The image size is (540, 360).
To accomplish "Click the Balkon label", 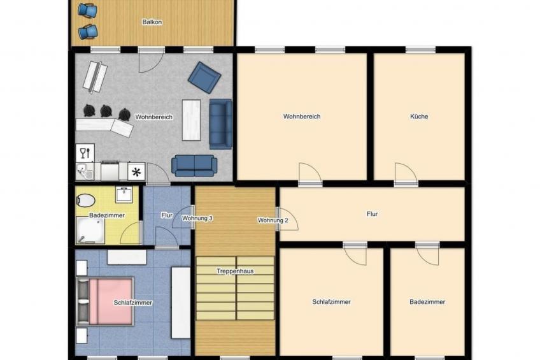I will [152, 22].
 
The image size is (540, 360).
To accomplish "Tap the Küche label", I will [419, 117].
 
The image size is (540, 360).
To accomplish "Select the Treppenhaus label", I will [235, 271].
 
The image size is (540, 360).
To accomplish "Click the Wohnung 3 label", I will [197, 219].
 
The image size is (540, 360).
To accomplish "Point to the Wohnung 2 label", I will [273, 220].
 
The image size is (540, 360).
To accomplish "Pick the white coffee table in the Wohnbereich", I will [191, 119].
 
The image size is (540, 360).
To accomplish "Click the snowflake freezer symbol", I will [136, 171].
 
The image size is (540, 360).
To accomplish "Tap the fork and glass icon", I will [84, 152].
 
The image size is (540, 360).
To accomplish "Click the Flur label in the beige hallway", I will [372, 214].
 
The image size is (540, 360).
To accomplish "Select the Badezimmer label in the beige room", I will [427, 302].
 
